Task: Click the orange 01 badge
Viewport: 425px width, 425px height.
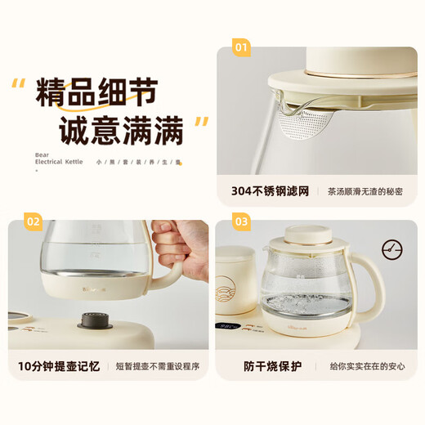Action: point(241,47)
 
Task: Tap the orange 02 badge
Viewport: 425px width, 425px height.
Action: point(33,221)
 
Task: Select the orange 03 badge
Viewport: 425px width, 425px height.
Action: point(241,221)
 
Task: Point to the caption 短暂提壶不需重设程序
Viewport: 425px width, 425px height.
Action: point(157,365)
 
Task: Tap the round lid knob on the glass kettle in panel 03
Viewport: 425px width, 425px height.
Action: point(307,234)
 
